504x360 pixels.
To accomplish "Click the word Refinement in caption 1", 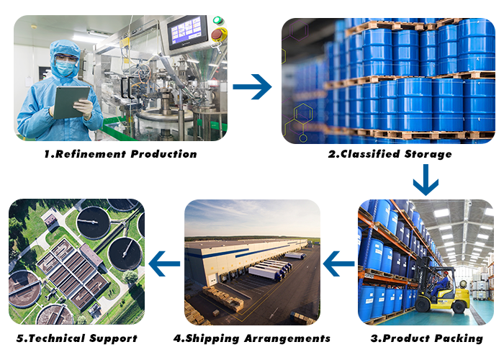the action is coord(90,154).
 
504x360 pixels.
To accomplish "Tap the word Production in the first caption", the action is coord(164,154).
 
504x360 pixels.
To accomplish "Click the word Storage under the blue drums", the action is coord(428,154).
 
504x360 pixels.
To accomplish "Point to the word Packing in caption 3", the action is coord(459,338).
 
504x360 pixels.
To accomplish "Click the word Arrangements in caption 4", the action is coord(287,338).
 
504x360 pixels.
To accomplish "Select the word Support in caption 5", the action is coord(114,339).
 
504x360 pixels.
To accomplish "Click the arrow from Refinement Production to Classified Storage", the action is coord(252,87).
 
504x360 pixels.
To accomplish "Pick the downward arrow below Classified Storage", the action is coord(426,180).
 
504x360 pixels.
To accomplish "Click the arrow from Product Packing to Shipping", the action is coord(339,264).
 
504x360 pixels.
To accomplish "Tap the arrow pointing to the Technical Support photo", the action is coord(164,264).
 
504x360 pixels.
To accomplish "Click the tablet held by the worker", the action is coord(71,102).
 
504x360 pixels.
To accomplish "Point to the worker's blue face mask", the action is coord(66,68).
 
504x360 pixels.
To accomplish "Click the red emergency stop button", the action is coord(219,35).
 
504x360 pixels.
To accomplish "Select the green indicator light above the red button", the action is coord(218,20).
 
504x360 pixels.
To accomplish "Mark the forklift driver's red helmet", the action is coord(446,273).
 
